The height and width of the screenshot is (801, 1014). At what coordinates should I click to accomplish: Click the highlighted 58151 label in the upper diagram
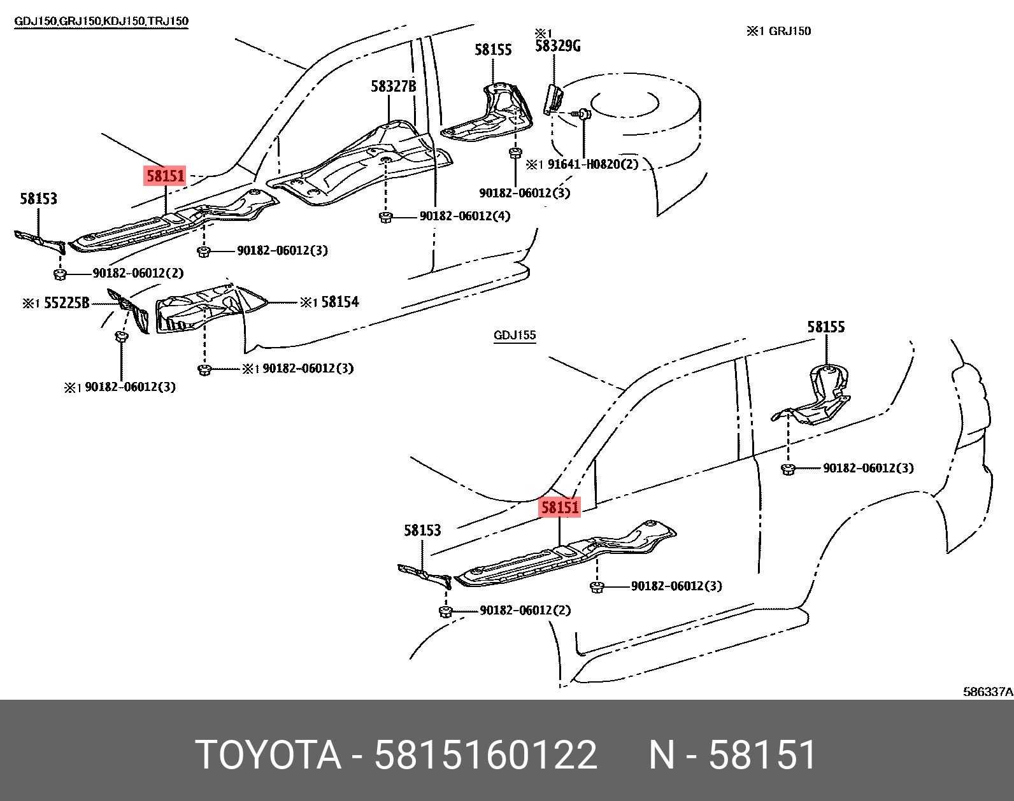point(165,176)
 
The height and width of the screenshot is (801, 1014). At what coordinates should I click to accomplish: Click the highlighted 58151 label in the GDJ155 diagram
point(561,507)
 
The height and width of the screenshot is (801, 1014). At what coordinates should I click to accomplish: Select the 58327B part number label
point(393,86)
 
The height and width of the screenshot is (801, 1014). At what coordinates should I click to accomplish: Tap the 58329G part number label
point(557,46)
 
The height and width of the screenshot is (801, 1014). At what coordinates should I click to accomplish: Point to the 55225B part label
point(66,303)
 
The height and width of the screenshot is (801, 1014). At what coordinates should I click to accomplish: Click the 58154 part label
point(339,302)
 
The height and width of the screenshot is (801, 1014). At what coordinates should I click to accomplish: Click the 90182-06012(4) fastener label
point(465,216)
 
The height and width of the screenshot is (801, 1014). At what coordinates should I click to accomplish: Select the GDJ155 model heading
point(515,336)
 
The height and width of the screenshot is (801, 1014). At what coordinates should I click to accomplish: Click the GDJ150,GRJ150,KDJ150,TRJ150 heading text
point(102,21)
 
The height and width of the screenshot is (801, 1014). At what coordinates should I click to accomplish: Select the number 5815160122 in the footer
point(486,755)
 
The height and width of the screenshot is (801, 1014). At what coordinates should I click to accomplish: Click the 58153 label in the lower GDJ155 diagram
point(422,530)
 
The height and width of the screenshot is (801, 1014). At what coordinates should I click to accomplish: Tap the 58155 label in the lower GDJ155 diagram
point(826,327)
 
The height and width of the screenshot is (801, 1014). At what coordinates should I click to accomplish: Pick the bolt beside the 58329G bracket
point(583,115)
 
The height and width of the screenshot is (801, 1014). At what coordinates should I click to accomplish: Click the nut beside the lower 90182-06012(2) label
point(445,612)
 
